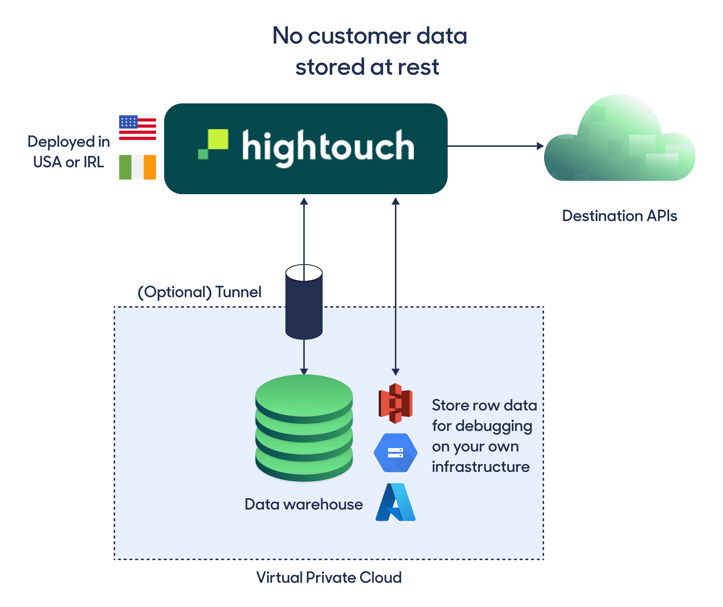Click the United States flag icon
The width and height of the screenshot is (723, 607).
point(137,128)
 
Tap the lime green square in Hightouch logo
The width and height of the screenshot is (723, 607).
point(218,139)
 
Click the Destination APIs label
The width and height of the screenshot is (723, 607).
point(619,216)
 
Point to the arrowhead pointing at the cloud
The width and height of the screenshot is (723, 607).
point(540,146)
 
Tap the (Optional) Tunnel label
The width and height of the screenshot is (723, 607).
point(199,292)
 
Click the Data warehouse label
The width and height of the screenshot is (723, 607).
point(304,504)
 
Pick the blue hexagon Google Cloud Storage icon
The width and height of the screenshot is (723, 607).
point(396,453)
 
